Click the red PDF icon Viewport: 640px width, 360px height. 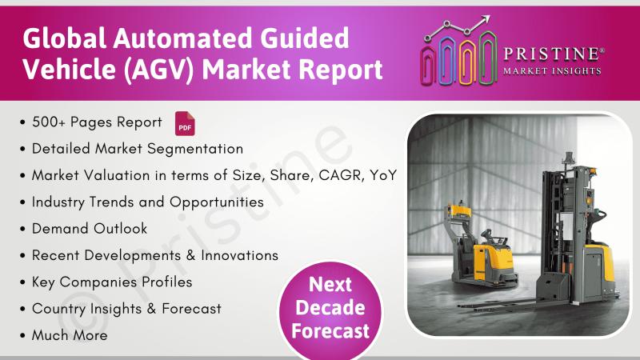(x=185, y=123)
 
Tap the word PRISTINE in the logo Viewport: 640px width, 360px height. (x=552, y=54)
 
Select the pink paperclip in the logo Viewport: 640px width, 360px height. (x=428, y=66)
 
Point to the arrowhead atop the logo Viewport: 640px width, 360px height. (x=485, y=19)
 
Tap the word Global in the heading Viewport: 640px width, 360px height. (x=64, y=38)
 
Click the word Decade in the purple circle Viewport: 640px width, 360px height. (x=330, y=308)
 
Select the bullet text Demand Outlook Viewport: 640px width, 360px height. (x=90, y=229)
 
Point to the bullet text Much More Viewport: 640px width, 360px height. (x=70, y=335)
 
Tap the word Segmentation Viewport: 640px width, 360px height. (x=195, y=149)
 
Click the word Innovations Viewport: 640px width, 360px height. (x=239, y=255)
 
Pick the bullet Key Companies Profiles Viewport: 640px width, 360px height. (x=112, y=282)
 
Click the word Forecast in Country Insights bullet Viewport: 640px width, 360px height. (x=191, y=309)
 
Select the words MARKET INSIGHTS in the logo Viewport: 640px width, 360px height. (x=552, y=71)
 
